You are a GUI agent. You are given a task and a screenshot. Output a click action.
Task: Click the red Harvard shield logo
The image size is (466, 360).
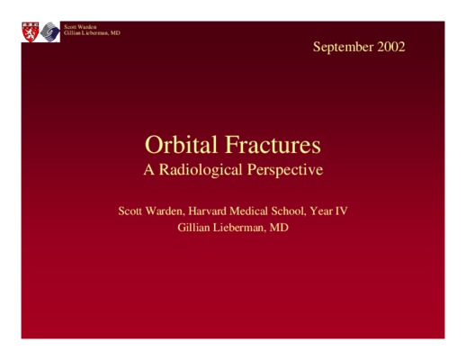point(31,31)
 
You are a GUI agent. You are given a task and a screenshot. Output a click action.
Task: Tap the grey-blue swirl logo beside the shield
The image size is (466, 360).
point(50,31)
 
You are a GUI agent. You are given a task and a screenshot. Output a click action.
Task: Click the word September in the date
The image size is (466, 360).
point(344,47)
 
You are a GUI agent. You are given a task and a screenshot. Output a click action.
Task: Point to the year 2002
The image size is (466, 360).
point(391,47)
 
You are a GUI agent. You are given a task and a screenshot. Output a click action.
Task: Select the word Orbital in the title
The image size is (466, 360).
point(181,145)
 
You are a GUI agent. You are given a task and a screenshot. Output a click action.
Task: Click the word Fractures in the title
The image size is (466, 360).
point(273,145)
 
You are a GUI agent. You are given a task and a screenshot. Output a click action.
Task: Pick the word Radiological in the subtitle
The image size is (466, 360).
point(201,170)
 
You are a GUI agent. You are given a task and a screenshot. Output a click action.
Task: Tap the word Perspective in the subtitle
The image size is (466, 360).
point(285,170)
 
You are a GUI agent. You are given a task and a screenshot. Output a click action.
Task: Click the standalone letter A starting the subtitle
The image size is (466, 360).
point(149,170)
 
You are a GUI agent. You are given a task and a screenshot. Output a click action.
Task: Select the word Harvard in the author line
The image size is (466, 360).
point(207,211)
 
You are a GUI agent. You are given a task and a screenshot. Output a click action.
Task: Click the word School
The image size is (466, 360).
point(289,211)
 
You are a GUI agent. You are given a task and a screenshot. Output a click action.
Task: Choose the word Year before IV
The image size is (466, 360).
point(321,211)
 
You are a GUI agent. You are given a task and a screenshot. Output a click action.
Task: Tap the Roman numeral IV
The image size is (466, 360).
point(341,211)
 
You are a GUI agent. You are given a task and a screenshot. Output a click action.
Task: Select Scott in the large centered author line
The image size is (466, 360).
point(130,211)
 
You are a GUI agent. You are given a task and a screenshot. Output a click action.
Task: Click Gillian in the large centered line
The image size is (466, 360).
point(193,228)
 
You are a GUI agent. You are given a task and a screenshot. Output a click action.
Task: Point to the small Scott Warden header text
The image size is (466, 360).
point(80,27)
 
